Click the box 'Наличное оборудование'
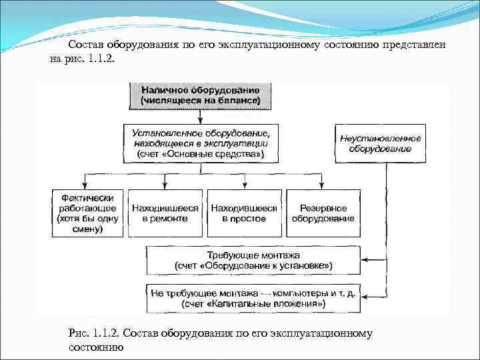(201, 95)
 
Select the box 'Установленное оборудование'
(201, 142)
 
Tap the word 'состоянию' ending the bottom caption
(95, 347)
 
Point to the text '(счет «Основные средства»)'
(201, 155)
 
